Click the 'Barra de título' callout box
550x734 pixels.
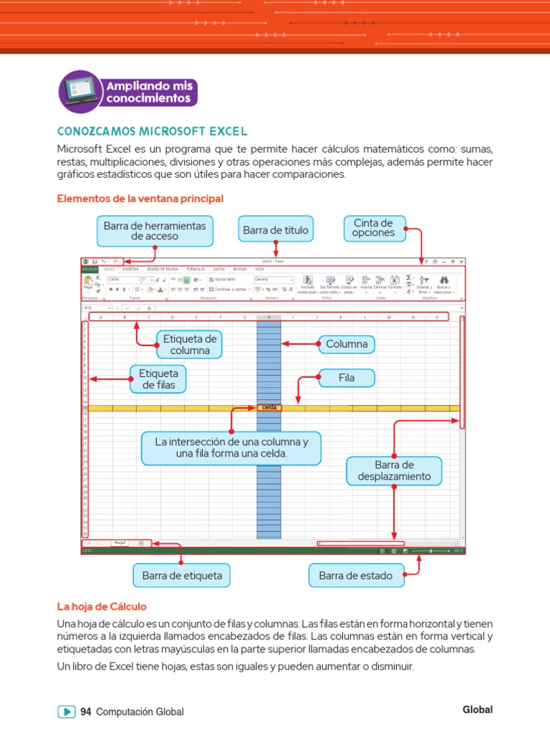pyautogui.click(x=276, y=230)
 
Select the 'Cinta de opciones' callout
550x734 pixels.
pyautogui.click(x=374, y=228)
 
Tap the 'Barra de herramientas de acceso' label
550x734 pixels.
pyautogui.click(x=154, y=230)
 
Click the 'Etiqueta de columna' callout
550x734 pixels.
pyautogui.click(x=190, y=344)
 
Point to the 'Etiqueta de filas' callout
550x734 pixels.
pyautogui.click(x=158, y=378)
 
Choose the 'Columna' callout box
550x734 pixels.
pyautogui.click(x=347, y=344)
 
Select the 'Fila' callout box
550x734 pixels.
pyautogui.click(x=347, y=377)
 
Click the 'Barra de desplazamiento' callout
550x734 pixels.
pyautogui.click(x=395, y=470)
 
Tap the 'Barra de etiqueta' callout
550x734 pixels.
pyautogui.click(x=182, y=575)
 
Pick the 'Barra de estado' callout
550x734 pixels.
pyautogui.click(x=355, y=575)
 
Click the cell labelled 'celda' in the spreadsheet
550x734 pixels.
pyautogui.click(x=269, y=408)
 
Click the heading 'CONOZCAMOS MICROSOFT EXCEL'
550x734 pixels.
pyautogui.click(x=152, y=131)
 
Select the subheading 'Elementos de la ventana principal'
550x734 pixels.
pyautogui.click(x=140, y=197)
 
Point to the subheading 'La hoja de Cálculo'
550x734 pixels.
pyautogui.click(x=101, y=606)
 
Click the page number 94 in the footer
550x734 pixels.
pyautogui.click(x=86, y=712)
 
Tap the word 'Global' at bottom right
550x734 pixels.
pyautogui.click(x=478, y=710)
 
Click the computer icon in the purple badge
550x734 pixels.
pyautogui.click(x=79, y=91)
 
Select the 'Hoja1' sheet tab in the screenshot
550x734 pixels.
pyautogui.click(x=120, y=543)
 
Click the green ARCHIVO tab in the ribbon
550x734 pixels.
pyautogui.click(x=90, y=269)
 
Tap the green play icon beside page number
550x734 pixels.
pyautogui.click(x=66, y=712)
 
